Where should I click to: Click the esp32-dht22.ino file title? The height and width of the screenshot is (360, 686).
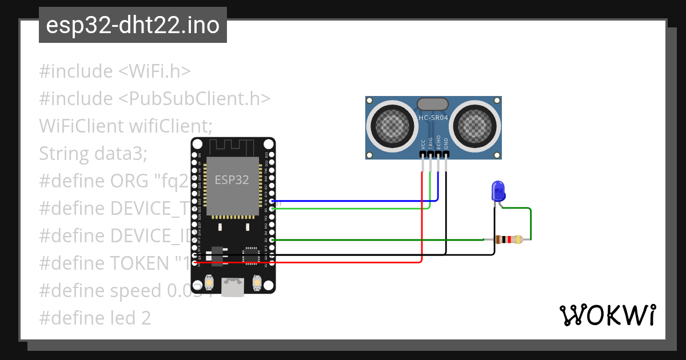point(133,26)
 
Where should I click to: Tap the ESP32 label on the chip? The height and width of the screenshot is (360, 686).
point(232,179)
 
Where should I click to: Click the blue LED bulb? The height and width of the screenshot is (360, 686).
point(497,190)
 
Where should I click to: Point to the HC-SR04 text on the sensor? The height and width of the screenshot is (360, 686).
point(433,118)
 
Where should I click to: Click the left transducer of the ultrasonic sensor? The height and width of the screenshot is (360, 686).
point(392,123)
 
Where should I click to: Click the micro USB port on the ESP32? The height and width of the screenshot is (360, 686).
point(233,287)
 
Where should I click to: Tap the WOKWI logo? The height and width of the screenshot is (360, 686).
point(607,315)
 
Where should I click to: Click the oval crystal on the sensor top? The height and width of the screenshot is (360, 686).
point(433,103)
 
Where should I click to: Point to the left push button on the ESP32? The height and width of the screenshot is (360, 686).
point(209,282)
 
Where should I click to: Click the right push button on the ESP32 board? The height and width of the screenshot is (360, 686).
point(257,282)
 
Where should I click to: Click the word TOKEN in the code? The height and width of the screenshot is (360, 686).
point(139,263)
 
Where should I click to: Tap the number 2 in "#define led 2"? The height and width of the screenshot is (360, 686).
point(146,318)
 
